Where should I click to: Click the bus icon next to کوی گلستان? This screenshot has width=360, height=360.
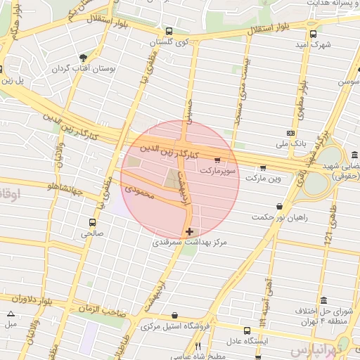tap(169, 31)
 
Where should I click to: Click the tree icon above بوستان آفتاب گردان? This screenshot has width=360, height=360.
tap(84, 58)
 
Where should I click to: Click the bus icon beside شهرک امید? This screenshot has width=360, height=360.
tap(313, 32)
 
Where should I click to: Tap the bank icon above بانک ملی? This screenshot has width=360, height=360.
tap(291, 132)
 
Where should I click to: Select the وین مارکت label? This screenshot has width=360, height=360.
tap(275, 179)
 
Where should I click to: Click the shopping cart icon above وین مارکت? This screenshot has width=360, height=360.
tap(263, 167)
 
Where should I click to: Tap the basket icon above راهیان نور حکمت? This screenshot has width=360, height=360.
tap(281, 206)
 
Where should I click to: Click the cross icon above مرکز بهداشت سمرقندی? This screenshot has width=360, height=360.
tap(189, 231)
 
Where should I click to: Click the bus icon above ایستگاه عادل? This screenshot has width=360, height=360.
tap(246, 330)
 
